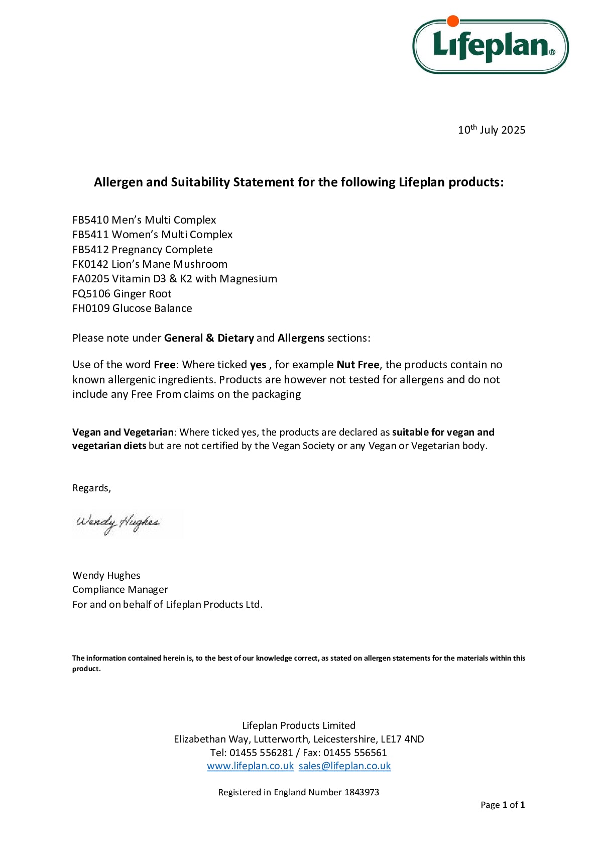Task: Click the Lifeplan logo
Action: (490, 46)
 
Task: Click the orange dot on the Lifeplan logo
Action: (453, 21)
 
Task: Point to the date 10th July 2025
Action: (491, 130)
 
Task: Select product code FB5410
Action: (90, 220)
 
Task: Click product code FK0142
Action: (90, 264)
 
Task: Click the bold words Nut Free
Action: (357, 365)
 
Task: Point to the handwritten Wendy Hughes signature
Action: (118, 523)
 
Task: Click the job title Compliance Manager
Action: (120, 589)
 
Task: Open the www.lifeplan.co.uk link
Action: (250, 766)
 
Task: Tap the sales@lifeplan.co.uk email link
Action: (344, 766)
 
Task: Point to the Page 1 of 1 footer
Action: (502, 805)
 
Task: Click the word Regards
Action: (91, 488)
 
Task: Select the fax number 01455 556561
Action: (355, 753)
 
